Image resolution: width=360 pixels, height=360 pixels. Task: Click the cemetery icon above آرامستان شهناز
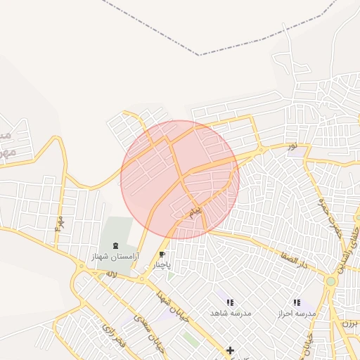pyautogui.click(x=115, y=247)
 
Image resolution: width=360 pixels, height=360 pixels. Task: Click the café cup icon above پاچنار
pyautogui.click(x=162, y=255)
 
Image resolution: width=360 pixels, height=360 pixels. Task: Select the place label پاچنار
pyautogui.click(x=162, y=265)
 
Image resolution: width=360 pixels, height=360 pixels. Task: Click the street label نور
pyautogui.click(x=291, y=146)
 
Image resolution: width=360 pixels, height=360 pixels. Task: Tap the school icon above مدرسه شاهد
pyautogui.click(x=230, y=302)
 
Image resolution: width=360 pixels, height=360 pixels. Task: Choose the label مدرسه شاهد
pyautogui.click(x=231, y=312)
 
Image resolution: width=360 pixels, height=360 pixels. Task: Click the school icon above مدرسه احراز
pyautogui.click(x=296, y=302)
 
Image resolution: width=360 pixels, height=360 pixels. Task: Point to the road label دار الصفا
pyautogui.click(x=294, y=263)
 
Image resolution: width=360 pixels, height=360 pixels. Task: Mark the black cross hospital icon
pyautogui.click(x=230, y=349)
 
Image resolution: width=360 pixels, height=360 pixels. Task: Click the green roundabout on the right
pyautogui.click(x=330, y=281)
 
